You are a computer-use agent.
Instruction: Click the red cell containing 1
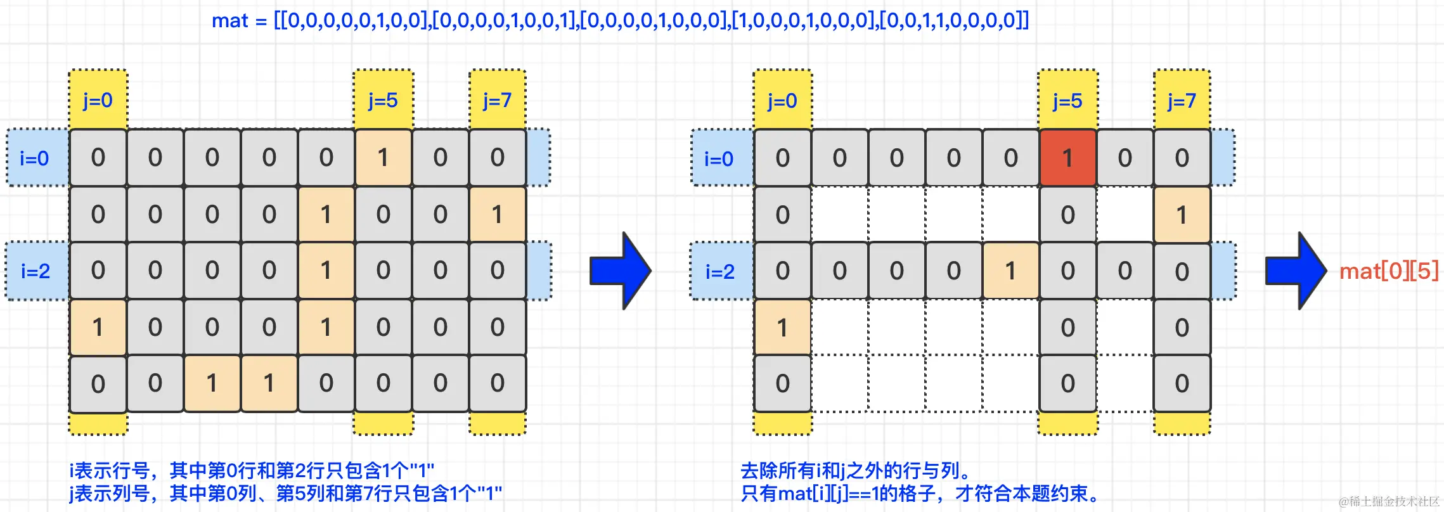[1067, 158]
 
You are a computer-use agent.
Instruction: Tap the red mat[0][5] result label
[1388, 271]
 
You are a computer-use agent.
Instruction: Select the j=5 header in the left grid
[383, 100]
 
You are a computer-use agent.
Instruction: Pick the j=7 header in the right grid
[1182, 100]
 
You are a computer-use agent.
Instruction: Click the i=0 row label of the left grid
[35, 158]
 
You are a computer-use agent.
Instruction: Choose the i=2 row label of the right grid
[720, 271]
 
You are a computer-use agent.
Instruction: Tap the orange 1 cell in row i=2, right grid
[1010, 271]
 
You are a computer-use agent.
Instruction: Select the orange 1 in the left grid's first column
[98, 328]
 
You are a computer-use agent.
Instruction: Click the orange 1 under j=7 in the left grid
[497, 214]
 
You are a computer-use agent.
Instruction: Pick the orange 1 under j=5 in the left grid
[383, 158]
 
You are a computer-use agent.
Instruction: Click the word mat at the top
[229, 21]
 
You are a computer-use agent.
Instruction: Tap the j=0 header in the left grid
[98, 100]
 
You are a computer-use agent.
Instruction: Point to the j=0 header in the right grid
[782, 100]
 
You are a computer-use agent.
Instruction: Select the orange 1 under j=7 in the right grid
[1182, 215]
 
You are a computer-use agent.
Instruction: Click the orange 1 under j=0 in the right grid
[782, 328]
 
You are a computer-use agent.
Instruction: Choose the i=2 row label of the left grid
[35, 271]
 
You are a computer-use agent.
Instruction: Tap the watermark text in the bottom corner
[1389, 501]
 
